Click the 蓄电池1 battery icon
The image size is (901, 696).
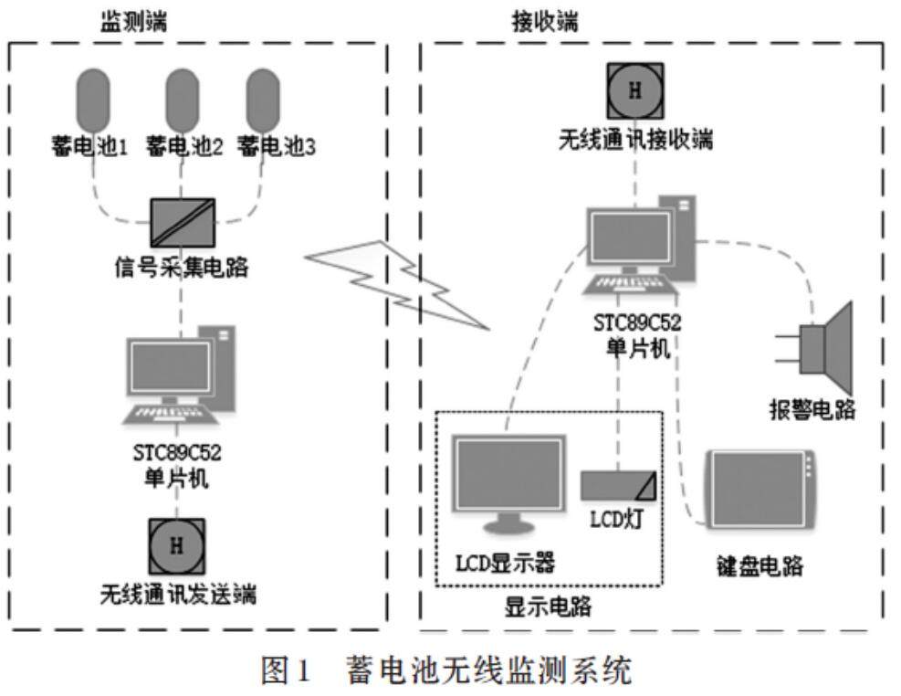pyautogui.click(x=93, y=100)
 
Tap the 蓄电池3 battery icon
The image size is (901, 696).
pyautogui.click(x=264, y=100)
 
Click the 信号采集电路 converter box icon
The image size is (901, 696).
pyautogui.click(x=183, y=221)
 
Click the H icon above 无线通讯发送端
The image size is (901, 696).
pyautogui.click(x=177, y=546)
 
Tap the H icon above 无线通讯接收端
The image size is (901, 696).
pyautogui.click(x=636, y=90)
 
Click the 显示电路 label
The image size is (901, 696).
pyautogui.click(x=548, y=606)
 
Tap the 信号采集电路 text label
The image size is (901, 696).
pyautogui.click(x=182, y=269)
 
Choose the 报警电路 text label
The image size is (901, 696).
pyautogui.click(x=812, y=408)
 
